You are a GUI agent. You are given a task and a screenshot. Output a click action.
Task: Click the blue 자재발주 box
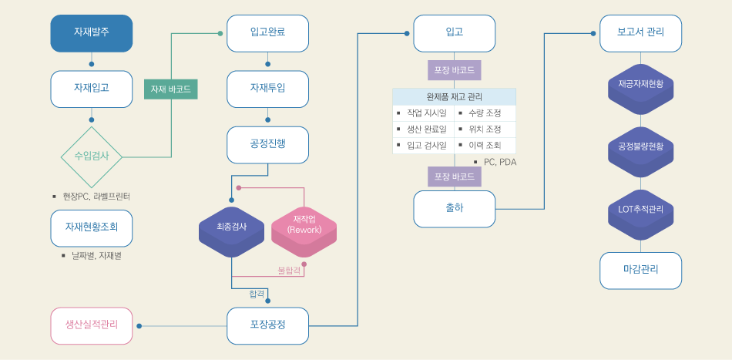coord(92,33)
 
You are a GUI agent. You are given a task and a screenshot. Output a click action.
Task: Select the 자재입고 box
coord(92,89)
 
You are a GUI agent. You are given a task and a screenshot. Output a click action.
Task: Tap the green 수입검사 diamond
coord(92,156)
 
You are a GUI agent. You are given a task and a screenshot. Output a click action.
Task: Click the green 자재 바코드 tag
coord(170,89)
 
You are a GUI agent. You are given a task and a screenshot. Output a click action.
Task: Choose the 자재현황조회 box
coord(92,227)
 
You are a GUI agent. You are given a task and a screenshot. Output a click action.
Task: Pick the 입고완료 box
coord(267,33)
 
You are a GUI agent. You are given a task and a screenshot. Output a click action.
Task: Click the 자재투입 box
coord(267,89)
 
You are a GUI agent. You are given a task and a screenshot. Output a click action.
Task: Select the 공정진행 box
coord(267,144)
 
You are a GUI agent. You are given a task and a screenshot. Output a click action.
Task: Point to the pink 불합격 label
coord(288,271)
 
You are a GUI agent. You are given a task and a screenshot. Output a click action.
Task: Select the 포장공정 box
coord(267,325)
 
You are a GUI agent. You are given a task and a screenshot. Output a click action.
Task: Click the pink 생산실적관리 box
coord(92,325)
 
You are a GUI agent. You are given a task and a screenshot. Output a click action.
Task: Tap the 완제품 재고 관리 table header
coord(454,97)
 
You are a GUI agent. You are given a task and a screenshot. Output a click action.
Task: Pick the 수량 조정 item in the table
coord(484,113)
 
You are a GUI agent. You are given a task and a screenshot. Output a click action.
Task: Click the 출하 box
coord(454,208)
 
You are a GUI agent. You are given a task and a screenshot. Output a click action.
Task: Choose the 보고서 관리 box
coord(640,33)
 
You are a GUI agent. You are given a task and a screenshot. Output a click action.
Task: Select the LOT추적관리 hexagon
coord(640,210)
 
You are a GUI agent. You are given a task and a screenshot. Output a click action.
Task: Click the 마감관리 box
coord(640,270)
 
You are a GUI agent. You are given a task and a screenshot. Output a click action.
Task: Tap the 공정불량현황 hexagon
coord(640,146)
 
